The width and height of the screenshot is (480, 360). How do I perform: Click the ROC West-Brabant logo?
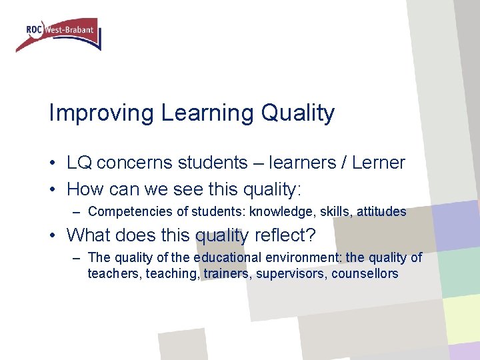[x=58, y=34]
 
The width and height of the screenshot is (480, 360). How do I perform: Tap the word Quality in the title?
[x=298, y=113]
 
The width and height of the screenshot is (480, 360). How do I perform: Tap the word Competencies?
[x=125, y=212]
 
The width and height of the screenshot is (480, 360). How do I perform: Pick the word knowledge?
[x=279, y=212]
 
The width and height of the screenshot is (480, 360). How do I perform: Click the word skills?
[x=336, y=212]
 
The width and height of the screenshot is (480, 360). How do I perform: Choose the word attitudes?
[x=381, y=212]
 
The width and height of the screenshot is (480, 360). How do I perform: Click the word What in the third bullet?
[x=90, y=235]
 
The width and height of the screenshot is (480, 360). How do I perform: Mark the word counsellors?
[x=365, y=273]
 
